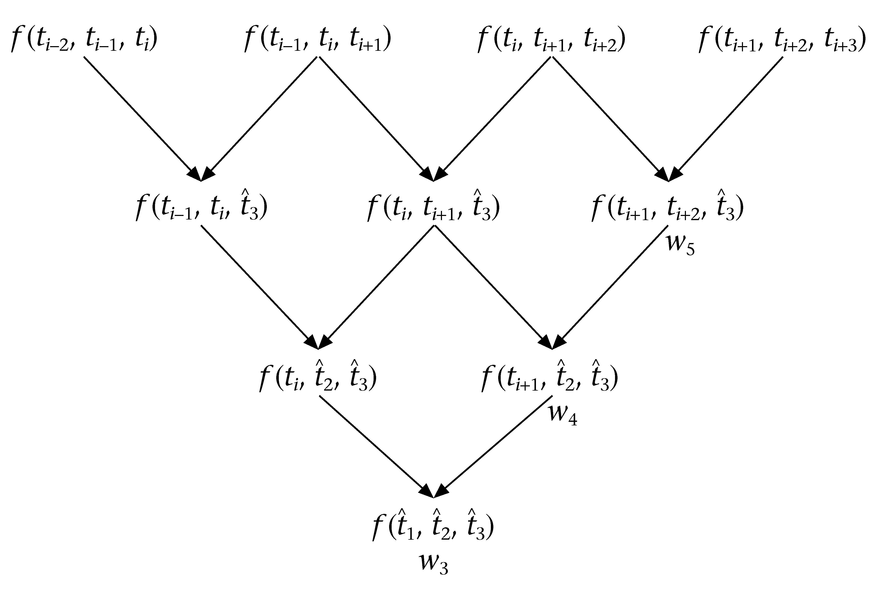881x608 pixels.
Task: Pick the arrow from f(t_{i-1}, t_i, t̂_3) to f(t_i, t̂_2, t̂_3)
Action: click(x=259, y=286)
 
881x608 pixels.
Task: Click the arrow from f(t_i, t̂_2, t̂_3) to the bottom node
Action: click(x=375, y=446)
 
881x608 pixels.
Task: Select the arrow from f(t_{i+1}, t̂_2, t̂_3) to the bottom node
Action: click(x=494, y=446)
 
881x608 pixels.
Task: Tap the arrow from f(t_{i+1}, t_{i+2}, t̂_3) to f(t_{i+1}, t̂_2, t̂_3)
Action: click(x=610, y=286)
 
